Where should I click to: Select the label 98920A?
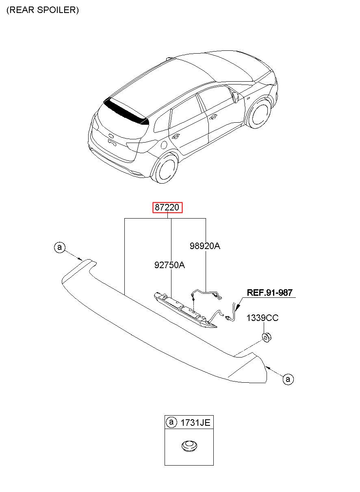[x=205, y=246]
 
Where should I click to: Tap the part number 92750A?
[x=169, y=265]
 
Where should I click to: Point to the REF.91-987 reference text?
[x=270, y=293]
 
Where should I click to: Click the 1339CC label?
[x=262, y=318]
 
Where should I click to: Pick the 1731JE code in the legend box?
[x=195, y=423]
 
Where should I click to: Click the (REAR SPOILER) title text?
[x=43, y=10]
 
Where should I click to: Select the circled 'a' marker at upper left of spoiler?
[x=60, y=247]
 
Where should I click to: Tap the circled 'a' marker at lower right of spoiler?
[x=288, y=379]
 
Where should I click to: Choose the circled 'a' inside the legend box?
[x=171, y=423]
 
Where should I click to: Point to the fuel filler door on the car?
[x=163, y=144]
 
